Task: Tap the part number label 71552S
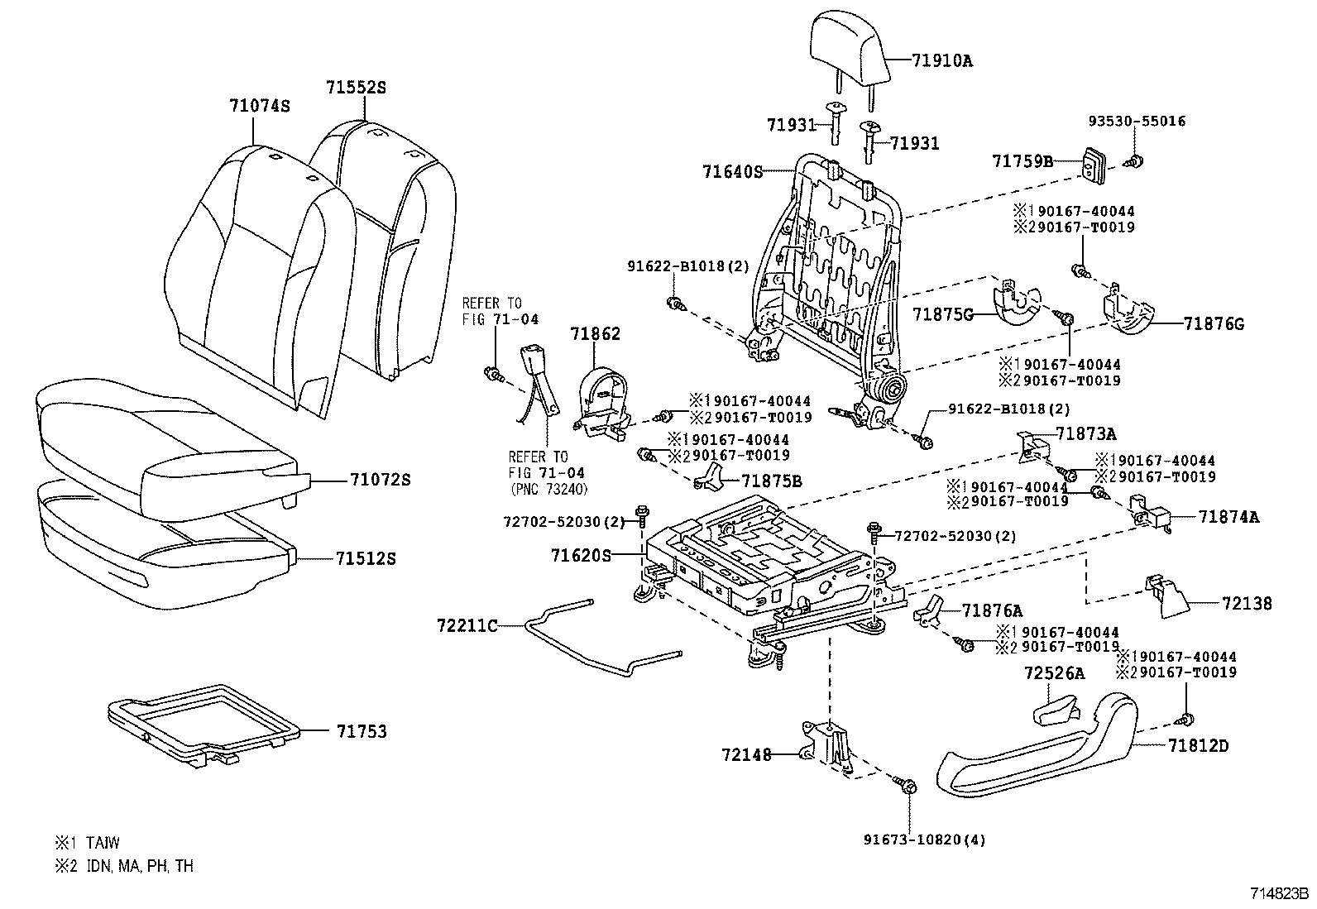(356, 87)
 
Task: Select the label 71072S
(380, 480)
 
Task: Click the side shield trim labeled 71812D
(1034, 749)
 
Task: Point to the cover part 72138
(1165, 597)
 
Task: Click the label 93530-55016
(1136, 121)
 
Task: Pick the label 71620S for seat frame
(580, 556)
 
